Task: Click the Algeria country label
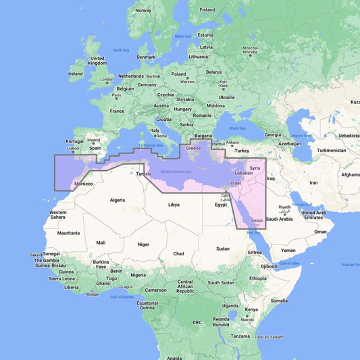click(118, 200)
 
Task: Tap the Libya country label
click(174, 204)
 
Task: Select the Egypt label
click(220, 204)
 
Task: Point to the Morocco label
click(83, 184)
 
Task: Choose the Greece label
click(193, 147)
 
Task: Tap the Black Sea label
click(238, 128)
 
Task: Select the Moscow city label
click(251, 49)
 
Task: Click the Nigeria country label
click(138, 275)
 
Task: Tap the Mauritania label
click(68, 233)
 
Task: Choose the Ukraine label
click(226, 97)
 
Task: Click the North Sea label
click(121, 50)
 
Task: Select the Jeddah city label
click(257, 222)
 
